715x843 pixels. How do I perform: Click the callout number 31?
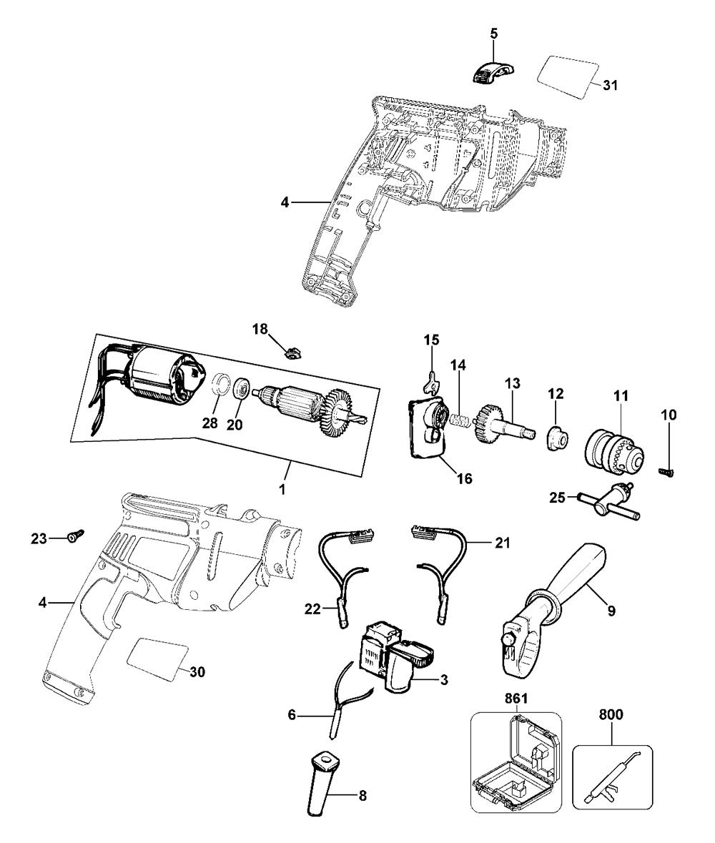(610, 85)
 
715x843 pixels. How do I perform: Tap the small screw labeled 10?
(666, 471)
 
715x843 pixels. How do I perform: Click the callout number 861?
(516, 699)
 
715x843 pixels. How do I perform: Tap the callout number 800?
(611, 714)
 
